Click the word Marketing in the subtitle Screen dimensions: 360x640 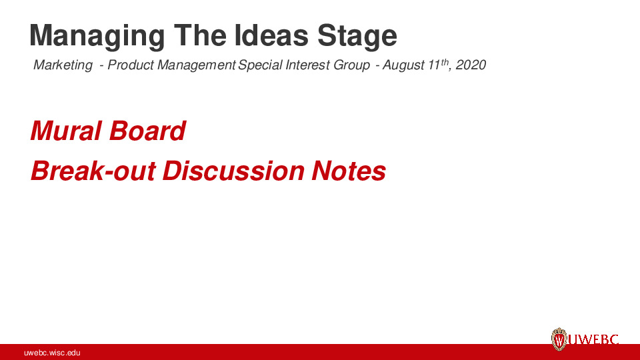(63, 65)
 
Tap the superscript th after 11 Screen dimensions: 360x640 (446, 62)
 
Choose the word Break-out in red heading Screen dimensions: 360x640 (93, 171)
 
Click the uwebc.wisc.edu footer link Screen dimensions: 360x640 (52, 352)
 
